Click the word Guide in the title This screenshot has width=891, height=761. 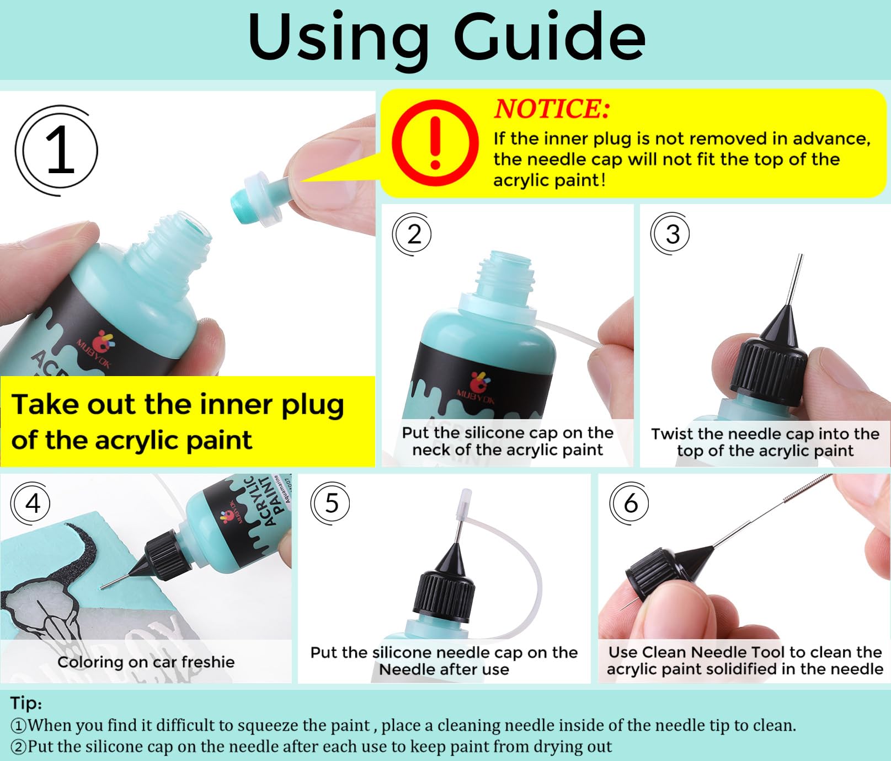click(x=549, y=37)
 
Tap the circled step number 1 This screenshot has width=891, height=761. click(x=57, y=151)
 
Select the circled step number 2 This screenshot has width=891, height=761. click(x=412, y=234)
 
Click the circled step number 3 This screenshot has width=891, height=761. click(x=671, y=234)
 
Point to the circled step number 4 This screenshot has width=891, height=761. click(x=31, y=503)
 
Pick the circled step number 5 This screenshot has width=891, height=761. click(x=330, y=503)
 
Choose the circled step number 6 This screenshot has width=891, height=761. click(x=630, y=503)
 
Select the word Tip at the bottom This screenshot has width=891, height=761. click(x=26, y=704)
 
